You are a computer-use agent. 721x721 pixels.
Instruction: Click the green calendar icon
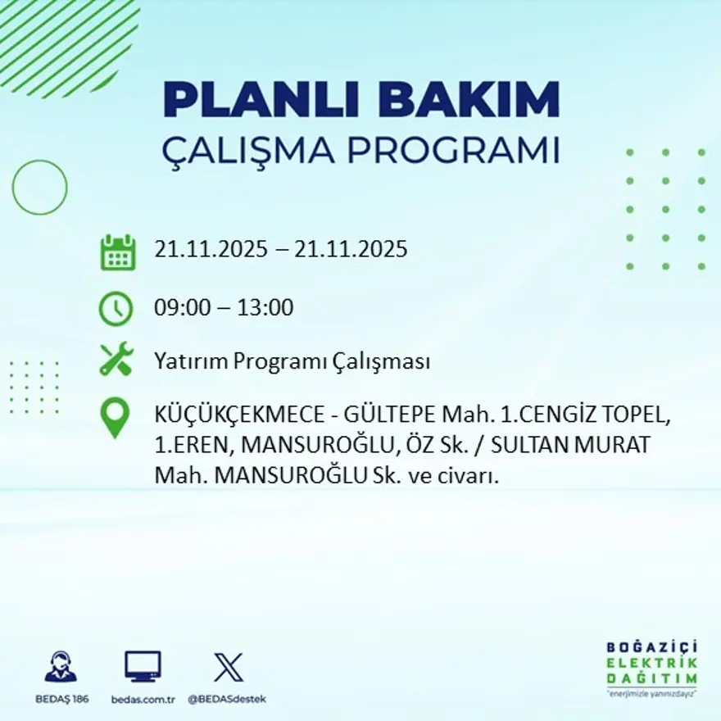pyautogui.click(x=117, y=252)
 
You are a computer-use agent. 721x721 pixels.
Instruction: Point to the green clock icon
pyautogui.click(x=116, y=309)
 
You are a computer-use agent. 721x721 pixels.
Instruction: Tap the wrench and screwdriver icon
pyautogui.click(x=116, y=360)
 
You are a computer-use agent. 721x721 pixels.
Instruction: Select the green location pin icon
pyautogui.click(x=116, y=418)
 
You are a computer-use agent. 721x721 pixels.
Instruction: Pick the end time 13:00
pyautogui.click(x=265, y=308)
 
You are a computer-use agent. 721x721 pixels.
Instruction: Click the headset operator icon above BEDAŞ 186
pyautogui.click(x=61, y=667)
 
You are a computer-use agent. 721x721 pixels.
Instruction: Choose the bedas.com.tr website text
pyautogui.click(x=143, y=699)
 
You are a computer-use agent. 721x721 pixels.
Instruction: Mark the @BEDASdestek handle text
pyautogui.click(x=227, y=699)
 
